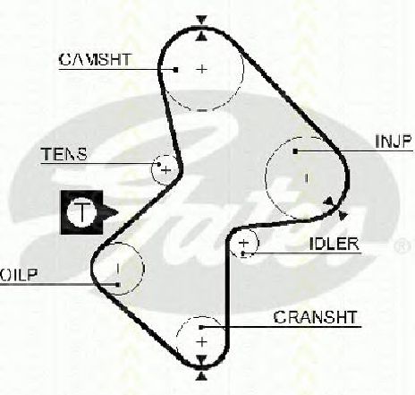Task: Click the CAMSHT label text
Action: point(95,60)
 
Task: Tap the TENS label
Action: point(64,154)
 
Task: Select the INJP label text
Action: point(394,142)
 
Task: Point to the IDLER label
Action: point(335,244)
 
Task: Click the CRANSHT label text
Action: point(316,317)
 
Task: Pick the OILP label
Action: point(19,275)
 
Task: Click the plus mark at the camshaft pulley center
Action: point(202,69)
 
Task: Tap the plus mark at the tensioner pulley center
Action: point(166,170)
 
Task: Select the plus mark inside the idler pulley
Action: point(244,243)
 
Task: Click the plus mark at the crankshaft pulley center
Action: point(202,342)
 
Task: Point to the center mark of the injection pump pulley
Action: point(306,178)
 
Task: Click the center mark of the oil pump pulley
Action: point(118,269)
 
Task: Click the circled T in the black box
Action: point(81,212)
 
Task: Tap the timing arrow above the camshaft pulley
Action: point(202,21)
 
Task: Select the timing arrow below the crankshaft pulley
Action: point(201,376)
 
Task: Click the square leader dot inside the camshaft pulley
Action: point(176,70)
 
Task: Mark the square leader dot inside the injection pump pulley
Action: point(295,151)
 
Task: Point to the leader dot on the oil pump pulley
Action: point(118,285)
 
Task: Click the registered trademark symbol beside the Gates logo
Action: point(402,245)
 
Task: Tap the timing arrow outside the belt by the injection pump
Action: point(343,215)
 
